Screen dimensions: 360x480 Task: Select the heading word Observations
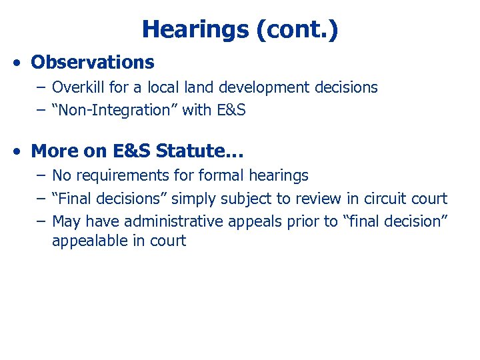(93, 63)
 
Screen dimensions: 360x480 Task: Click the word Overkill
(77, 87)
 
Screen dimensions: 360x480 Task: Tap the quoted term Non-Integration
(115, 110)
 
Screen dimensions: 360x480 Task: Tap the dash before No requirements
(41, 175)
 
